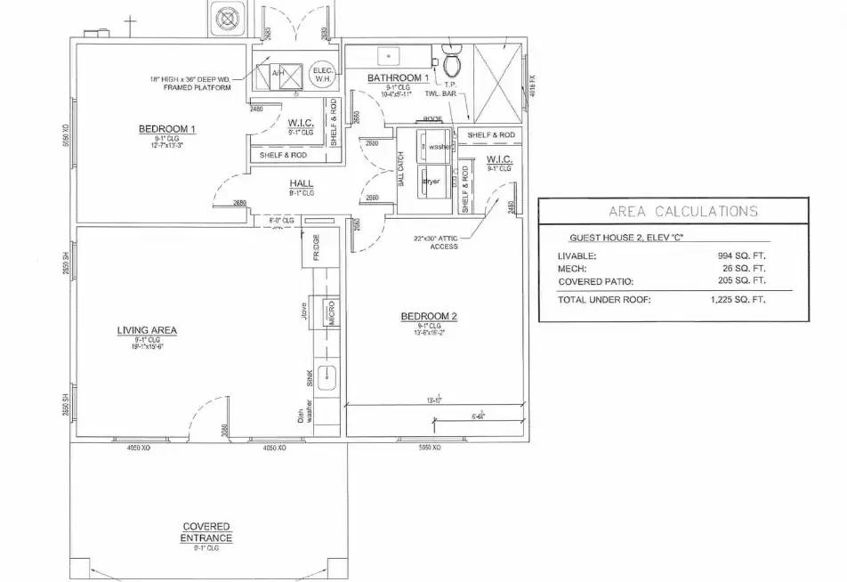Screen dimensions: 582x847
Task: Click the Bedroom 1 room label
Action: click(x=166, y=129)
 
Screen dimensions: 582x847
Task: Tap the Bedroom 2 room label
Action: click(x=429, y=317)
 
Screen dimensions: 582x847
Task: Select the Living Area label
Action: click(x=147, y=330)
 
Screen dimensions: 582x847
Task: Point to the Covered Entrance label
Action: click(x=206, y=532)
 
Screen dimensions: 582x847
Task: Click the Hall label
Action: click(x=302, y=183)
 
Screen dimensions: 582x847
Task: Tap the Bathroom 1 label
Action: click(x=399, y=78)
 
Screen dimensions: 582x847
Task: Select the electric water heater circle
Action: click(x=321, y=76)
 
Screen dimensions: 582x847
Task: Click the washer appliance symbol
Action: click(x=435, y=145)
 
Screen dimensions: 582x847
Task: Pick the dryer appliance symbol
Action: click(x=432, y=181)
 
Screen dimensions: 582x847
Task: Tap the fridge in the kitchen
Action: click(x=317, y=247)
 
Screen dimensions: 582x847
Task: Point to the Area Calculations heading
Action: click(x=683, y=211)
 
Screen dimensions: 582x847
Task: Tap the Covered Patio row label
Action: click(x=595, y=281)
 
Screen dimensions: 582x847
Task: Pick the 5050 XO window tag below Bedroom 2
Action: click(x=430, y=447)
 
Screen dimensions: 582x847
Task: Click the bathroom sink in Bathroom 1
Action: click(x=389, y=55)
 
